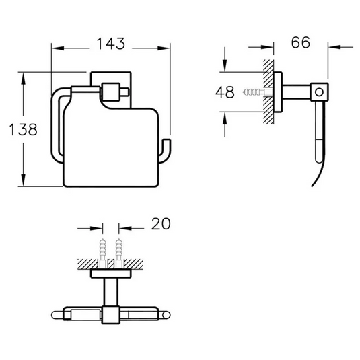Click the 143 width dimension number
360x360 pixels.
[x=111, y=45]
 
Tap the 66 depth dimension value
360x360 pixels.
[x=301, y=42]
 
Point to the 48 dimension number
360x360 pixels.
[x=227, y=92]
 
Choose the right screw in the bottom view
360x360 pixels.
[x=120, y=250]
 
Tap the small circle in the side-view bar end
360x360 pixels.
[x=320, y=90]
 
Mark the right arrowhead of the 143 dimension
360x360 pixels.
[x=166, y=48]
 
